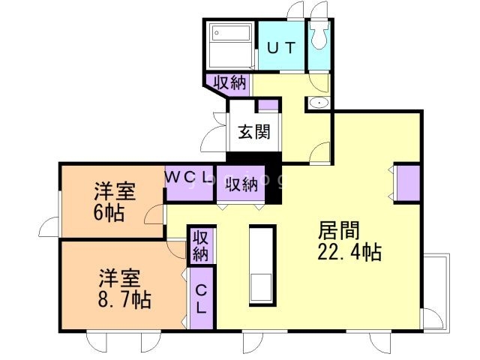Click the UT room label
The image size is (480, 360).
[x=282, y=46]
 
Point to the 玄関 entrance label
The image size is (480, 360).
[x=254, y=133]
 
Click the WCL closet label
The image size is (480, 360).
[x=187, y=178]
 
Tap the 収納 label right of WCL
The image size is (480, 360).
[x=240, y=184]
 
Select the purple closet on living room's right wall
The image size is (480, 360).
[x=408, y=184]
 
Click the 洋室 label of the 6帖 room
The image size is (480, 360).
[x=115, y=191]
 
